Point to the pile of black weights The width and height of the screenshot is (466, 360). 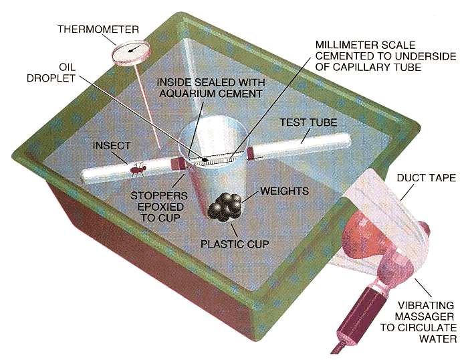click(225, 207)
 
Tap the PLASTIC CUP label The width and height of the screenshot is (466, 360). click(235, 244)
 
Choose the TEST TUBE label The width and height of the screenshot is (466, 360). click(309, 123)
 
